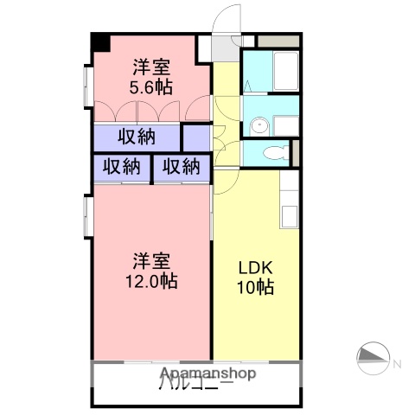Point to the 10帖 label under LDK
pyautogui.click(x=256, y=288)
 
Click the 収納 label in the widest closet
pyautogui.click(x=137, y=137)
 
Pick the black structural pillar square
pyautogui.click(x=101, y=41)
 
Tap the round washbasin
pyautogui.click(x=258, y=126)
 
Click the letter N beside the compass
pyautogui.click(x=398, y=364)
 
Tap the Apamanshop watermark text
pyautogui.click(x=207, y=374)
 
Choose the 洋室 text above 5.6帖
pyautogui.click(x=150, y=67)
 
